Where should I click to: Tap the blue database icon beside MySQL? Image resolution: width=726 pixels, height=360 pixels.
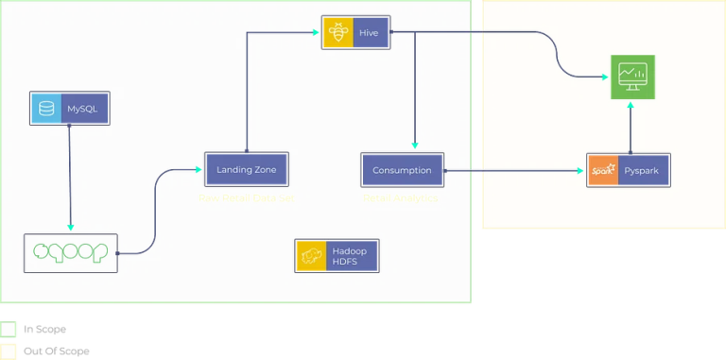coord(44,109)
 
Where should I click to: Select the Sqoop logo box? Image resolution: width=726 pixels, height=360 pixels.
coord(71,252)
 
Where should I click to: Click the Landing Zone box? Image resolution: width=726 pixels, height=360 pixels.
coord(246,169)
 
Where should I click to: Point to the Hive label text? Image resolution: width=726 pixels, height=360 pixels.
coord(369,32)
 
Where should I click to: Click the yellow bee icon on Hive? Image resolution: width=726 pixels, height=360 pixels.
coord(337,32)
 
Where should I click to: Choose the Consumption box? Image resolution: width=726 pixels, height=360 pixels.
coord(402,170)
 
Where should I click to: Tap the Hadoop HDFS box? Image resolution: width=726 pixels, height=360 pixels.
coord(337,255)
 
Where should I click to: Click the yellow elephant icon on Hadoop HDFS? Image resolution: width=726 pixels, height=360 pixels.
coord(310,255)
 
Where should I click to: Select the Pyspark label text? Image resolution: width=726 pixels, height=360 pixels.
coord(644,170)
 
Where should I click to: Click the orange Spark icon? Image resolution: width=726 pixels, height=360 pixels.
coord(602,170)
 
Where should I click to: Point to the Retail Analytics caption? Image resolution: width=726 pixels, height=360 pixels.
coord(400,198)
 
